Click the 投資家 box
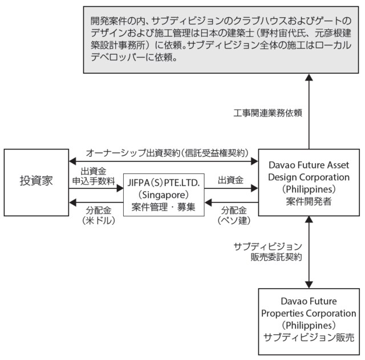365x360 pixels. (35, 181)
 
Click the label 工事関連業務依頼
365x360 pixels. (268, 112)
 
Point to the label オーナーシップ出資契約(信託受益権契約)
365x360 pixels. (168, 152)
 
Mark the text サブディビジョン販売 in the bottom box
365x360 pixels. (309, 337)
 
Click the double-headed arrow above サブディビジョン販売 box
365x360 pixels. (309, 251)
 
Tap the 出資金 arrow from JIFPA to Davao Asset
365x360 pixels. (231, 189)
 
